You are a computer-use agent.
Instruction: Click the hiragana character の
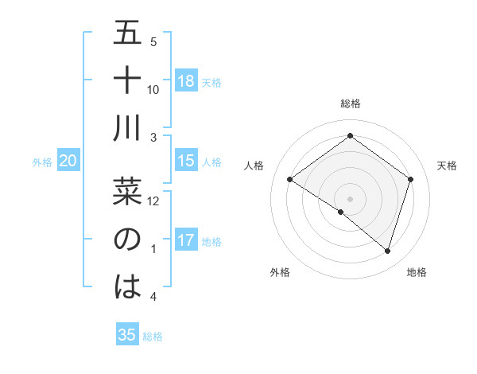point(127,240)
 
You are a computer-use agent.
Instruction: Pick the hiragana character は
point(127,287)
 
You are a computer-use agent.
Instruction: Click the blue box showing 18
point(186,80)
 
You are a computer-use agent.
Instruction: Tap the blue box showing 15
point(186,161)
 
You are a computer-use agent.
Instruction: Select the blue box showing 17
point(186,240)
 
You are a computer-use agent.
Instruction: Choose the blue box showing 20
point(68,161)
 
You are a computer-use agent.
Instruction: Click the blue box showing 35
point(127,335)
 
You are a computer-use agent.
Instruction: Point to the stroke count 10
point(153,89)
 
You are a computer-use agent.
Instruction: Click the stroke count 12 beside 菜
point(153,201)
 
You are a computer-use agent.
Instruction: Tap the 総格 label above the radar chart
point(350,103)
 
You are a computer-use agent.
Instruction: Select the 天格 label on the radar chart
point(447,166)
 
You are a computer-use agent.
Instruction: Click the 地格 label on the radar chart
point(417,272)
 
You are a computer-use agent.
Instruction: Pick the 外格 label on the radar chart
point(280,272)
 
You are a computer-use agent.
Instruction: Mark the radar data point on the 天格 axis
point(411,179)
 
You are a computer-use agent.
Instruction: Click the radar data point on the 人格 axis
point(289,179)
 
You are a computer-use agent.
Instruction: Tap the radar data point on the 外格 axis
point(340,212)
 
